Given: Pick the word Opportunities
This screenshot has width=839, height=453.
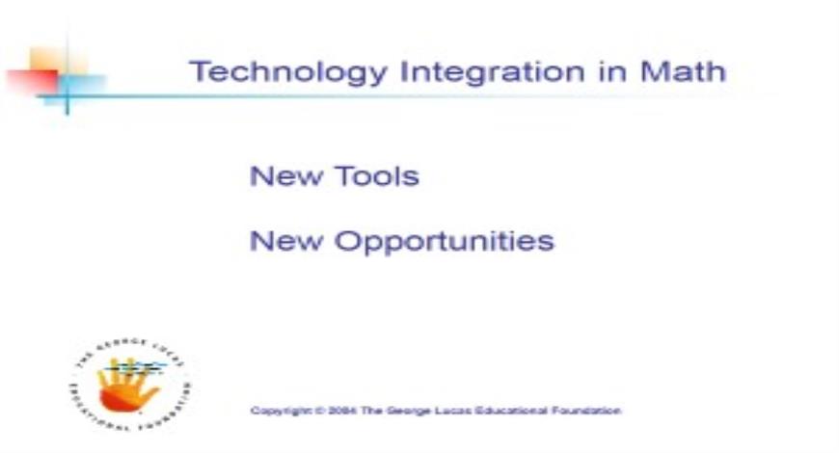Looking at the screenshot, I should (x=444, y=241).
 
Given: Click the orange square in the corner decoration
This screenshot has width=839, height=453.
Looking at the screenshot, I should (x=46, y=60).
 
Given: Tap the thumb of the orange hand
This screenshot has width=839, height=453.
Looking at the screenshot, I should (x=107, y=386).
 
